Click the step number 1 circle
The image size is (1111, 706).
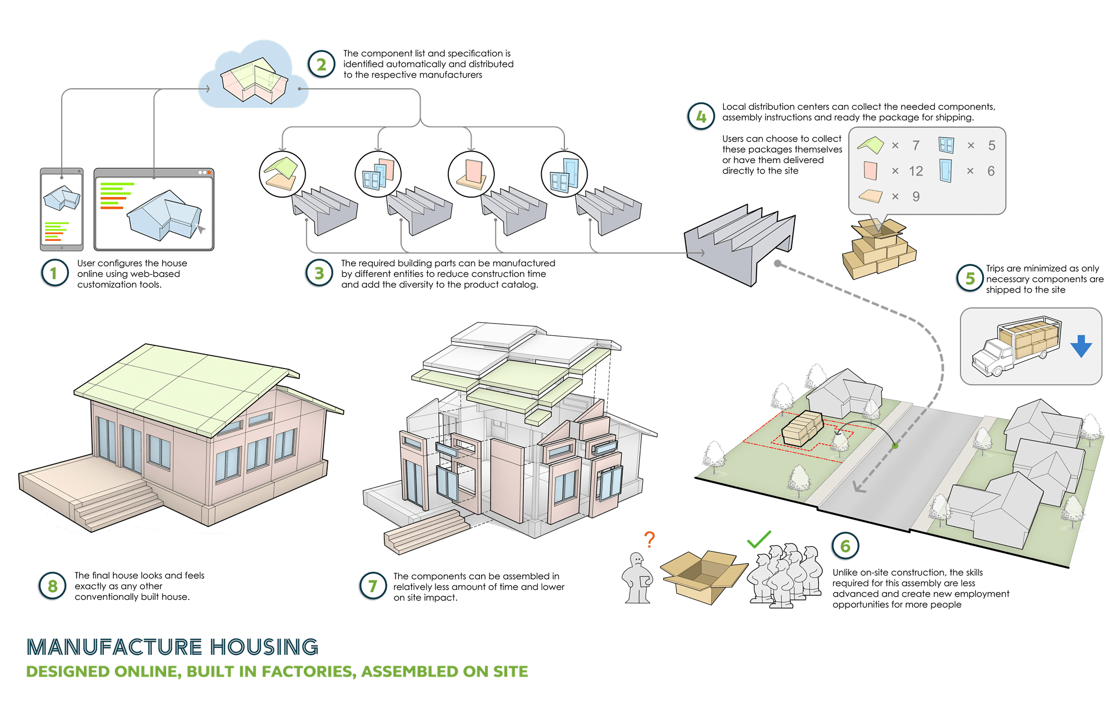pos(54,273)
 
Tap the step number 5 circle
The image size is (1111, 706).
pos(970,279)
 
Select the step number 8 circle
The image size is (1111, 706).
pos(52,586)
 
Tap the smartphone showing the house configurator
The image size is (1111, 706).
pos(62,210)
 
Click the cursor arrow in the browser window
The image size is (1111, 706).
pos(201,229)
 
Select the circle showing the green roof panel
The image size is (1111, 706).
pos(282,174)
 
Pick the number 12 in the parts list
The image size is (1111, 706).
pos(915,171)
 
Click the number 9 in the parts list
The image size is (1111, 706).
pos(915,196)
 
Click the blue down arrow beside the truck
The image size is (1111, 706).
pos(1081,346)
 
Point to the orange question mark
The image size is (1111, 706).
pos(649,539)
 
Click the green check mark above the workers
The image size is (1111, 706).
pos(759,538)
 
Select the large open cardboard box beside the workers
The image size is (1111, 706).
pos(703,576)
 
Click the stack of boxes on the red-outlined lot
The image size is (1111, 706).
pos(802,429)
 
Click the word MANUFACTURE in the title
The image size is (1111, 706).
pos(114,647)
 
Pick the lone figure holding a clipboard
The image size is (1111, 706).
pos(638,578)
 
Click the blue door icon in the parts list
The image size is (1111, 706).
pos(945,170)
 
